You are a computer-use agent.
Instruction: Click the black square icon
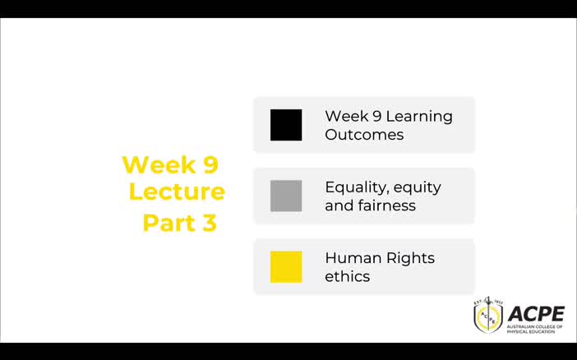(286, 125)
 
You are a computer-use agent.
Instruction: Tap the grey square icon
(286, 196)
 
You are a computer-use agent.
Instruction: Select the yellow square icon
(286, 266)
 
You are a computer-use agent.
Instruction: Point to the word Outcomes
(364, 135)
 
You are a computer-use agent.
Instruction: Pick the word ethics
(347, 276)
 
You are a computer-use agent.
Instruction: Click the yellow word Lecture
(177, 192)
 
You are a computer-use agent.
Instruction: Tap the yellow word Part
(168, 223)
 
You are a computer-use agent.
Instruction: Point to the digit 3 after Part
(209, 223)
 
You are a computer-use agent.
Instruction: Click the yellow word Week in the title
(158, 164)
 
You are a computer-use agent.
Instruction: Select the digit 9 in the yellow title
(210, 164)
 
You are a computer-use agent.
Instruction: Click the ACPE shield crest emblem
(487, 316)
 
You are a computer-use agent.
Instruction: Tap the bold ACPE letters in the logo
(536, 313)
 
